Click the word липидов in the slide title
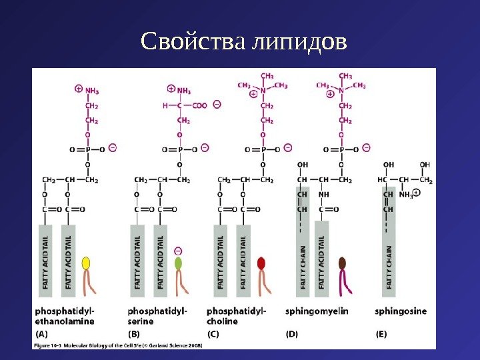click(300, 43)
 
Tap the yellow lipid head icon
click(86, 263)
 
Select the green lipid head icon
click(178, 263)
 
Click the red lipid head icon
click(261, 263)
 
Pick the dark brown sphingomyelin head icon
click(343, 263)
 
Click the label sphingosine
click(401, 311)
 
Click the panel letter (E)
click(383, 333)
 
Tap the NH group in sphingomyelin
click(324, 195)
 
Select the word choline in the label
click(222, 321)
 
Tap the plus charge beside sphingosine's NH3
click(417, 193)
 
